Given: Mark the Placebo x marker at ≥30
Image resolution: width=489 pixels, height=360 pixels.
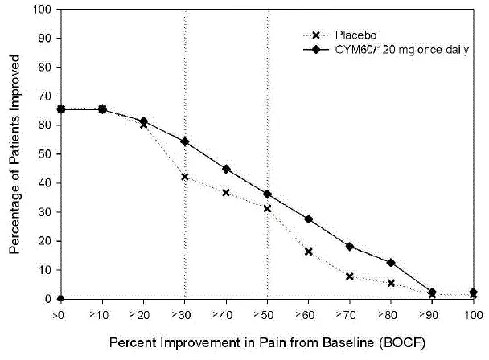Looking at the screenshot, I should click(185, 177).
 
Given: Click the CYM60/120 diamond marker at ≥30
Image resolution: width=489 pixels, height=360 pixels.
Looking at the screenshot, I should click(185, 141).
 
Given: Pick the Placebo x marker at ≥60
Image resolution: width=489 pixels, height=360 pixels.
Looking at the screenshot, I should click(309, 252).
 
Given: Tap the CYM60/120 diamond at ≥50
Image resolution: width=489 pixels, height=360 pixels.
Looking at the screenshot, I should click(267, 194).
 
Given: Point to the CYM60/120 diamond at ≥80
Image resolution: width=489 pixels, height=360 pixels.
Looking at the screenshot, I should click(391, 263).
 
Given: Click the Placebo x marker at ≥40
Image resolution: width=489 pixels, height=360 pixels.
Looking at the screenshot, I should click(226, 193).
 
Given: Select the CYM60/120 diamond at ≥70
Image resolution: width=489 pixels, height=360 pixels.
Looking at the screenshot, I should click(350, 247).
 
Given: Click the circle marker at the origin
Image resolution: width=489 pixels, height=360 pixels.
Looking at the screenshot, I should click(60, 299).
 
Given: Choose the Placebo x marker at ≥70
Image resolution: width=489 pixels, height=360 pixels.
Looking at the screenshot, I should click(350, 276).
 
